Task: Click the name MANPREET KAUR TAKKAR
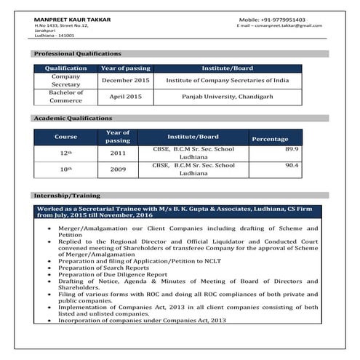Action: pyautogui.click(x=73, y=19)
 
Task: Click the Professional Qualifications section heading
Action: pyautogui.click(x=78, y=54)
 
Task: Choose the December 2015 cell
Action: pyautogui.click(x=125, y=80)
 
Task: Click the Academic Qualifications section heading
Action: pyautogui.click(x=73, y=118)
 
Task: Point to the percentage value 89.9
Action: pyautogui.click(x=292, y=149)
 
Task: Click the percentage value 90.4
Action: pyautogui.click(x=292, y=165)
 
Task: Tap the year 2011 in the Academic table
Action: pyautogui.click(x=118, y=153)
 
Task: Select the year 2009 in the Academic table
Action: pyautogui.click(x=118, y=169)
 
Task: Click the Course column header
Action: pyautogui.click(x=66, y=137)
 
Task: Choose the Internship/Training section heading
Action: pyautogui.click(x=67, y=196)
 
